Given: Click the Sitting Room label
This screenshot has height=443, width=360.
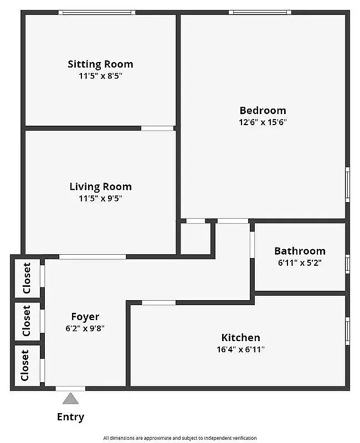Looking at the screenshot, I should [x=100, y=64].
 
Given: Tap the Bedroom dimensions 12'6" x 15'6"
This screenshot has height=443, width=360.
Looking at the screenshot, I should [x=263, y=122].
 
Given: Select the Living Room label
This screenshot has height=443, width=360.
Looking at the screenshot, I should [x=100, y=187].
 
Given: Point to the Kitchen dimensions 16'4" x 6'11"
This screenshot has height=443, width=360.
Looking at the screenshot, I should [x=240, y=349].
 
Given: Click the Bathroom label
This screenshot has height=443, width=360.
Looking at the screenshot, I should [x=300, y=251].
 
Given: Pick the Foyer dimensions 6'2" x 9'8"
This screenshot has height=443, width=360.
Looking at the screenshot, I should [x=85, y=328].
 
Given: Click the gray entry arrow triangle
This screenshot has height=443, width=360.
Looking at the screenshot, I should [x=70, y=398].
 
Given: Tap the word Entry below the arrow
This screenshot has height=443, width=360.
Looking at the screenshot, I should [x=70, y=417].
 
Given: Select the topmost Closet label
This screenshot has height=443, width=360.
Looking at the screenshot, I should [x=27, y=278].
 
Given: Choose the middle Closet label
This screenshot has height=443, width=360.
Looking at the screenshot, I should [x=27, y=321].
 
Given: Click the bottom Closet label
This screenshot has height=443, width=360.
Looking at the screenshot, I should [x=25, y=365].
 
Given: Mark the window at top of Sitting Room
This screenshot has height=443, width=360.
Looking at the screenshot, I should [x=97, y=12].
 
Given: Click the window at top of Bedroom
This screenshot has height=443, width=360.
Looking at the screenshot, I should [x=260, y=12].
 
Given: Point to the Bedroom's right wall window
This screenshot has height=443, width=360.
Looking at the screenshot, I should [x=347, y=183].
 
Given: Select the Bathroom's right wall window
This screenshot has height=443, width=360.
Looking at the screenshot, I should [x=347, y=263].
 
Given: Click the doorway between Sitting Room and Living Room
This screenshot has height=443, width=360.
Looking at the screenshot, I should [x=157, y=128].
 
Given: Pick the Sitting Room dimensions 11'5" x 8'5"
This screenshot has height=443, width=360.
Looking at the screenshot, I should [x=100, y=76].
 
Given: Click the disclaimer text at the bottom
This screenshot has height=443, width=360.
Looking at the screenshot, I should [x=179, y=437].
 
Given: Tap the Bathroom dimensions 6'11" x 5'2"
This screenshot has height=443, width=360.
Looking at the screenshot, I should [x=300, y=263].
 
